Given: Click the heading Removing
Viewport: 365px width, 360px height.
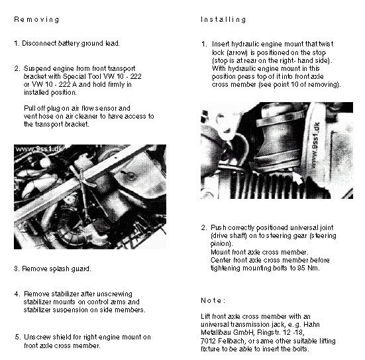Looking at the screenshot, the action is pyautogui.click(x=36, y=20).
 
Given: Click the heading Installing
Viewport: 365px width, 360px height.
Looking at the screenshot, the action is pyautogui.click(x=223, y=19).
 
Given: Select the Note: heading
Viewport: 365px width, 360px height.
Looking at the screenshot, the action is pyautogui.click(x=213, y=300).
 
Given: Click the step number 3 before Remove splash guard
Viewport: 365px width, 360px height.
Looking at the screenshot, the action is pyautogui.click(x=17, y=269).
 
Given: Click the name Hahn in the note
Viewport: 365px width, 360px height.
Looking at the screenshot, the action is pyautogui.click(x=312, y=325).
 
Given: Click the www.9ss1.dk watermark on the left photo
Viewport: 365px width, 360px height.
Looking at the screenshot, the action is pyautogui.click(x=39, y=149).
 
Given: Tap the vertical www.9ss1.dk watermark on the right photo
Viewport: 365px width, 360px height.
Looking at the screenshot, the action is pyautogui.click(x=315, y=145).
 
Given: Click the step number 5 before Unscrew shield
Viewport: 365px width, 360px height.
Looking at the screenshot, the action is pyautogui.click(x=17, y=337).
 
